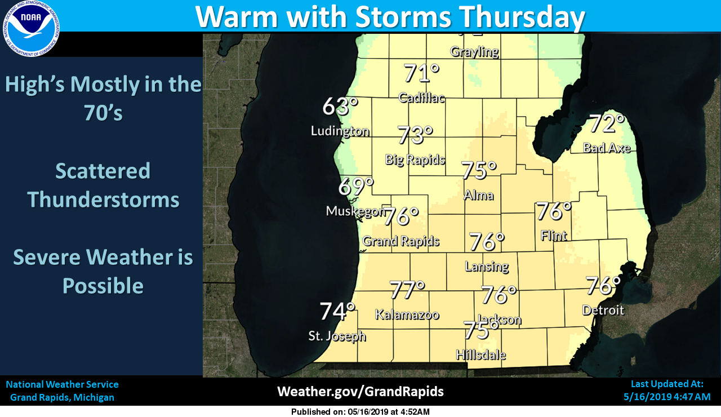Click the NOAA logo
tap(32, 28)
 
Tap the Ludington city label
tap(340, 131)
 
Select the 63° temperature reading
tap(340, 107)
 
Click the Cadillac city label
tap(421, 97)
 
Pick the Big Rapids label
tap(415, 159)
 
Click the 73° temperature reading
tap(415, 135)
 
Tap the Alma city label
tap(479, 196)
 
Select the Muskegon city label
tap(355, 211)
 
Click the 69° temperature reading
tap(356, 186)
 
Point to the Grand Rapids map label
tap(400, 242)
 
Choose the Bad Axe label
tap(606, 148)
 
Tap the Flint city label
tap(554, 236)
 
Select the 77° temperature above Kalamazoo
tap(407, 290)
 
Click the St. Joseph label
tap(337, 336)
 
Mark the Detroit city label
tap(603, 310)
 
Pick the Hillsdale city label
tap(480, 355)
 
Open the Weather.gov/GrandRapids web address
tap(360, 392)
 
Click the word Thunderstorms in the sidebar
tap(103, 200)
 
